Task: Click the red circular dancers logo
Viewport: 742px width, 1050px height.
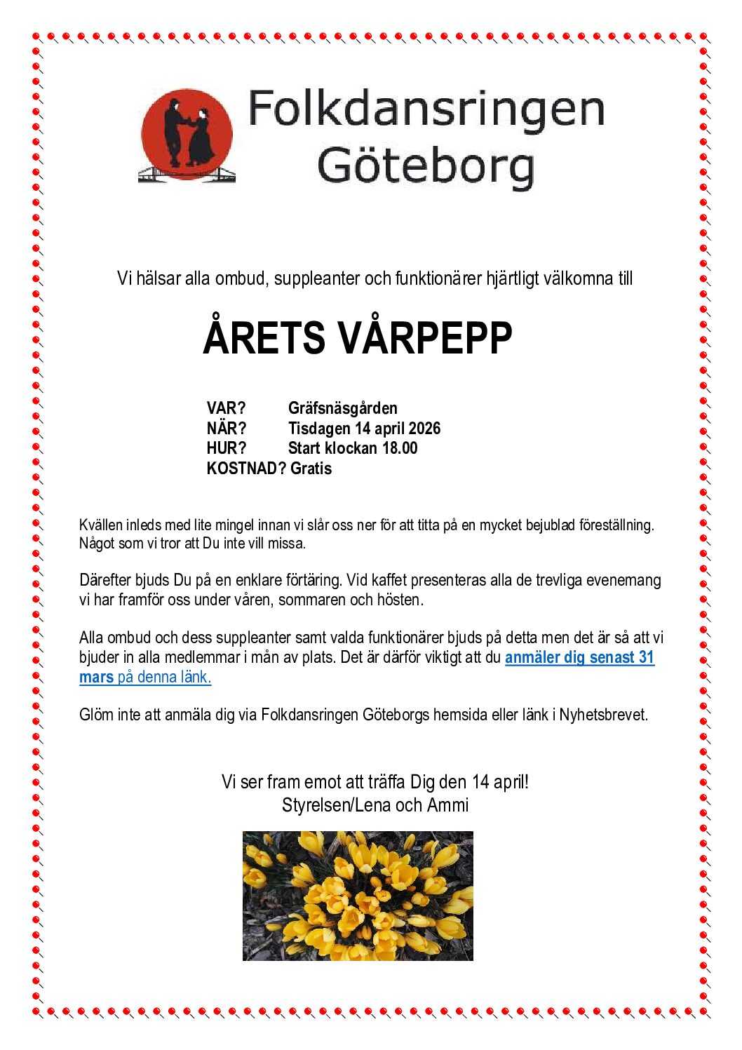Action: pos(187,135)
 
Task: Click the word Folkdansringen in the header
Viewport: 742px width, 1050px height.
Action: pos(426,109)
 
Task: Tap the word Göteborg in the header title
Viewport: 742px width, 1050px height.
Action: pos(426,166)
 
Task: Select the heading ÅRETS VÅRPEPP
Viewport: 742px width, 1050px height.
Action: pos(358,338)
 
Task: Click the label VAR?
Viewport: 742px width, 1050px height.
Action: pos(226,408)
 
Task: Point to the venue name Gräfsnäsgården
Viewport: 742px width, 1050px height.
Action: pos(343,408)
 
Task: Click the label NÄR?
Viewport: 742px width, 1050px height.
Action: pos(227,429)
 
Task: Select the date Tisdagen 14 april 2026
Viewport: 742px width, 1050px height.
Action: pos(364,429)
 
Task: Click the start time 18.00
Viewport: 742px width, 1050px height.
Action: pos(400,448)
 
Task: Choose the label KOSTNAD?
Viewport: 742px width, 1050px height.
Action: pos(246,469)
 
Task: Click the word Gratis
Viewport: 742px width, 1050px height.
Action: pos(311,469)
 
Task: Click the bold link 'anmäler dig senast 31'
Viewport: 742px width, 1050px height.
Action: pos(579,658)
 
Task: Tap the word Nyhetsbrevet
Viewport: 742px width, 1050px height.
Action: pos(603,715)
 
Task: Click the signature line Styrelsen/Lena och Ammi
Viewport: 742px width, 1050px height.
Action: pos(375,805)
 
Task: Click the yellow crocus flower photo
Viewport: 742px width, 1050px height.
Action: pos(358,896)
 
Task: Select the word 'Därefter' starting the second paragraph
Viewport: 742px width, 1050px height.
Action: pos(105,581)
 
